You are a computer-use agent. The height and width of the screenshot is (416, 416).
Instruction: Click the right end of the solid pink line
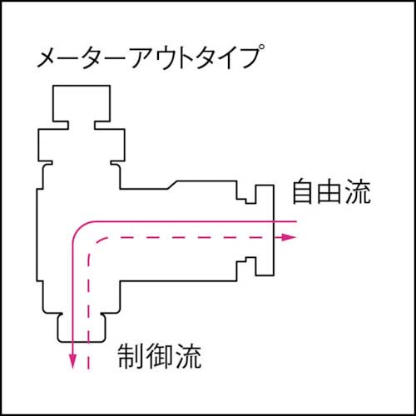click(295, 221)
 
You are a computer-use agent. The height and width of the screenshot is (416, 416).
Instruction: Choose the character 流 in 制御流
click(187, 359)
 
